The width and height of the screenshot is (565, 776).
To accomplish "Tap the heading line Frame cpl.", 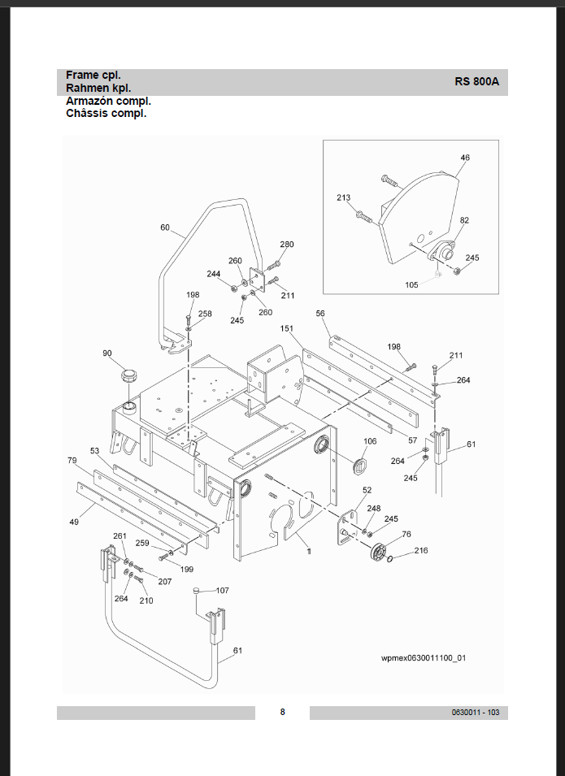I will (93, 75).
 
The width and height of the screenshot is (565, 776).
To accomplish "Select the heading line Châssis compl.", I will (106, 114).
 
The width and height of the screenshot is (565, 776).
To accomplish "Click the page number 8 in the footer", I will (282, 713).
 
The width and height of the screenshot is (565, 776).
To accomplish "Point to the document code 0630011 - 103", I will (476, 713).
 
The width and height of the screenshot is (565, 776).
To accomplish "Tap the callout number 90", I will (107, 353).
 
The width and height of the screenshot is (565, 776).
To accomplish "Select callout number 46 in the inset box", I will (465, 158).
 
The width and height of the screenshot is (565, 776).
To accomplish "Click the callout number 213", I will (344, 197).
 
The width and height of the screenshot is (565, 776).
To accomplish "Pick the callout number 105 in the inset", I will (413, 285).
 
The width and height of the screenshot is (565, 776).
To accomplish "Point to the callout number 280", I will (287, 245).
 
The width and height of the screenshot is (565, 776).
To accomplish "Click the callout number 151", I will (287, 329).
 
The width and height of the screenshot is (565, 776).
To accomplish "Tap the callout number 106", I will (370, 442).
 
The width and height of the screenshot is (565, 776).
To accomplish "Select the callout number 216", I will (421, 551).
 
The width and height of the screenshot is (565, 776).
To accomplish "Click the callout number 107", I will (222, 590).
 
